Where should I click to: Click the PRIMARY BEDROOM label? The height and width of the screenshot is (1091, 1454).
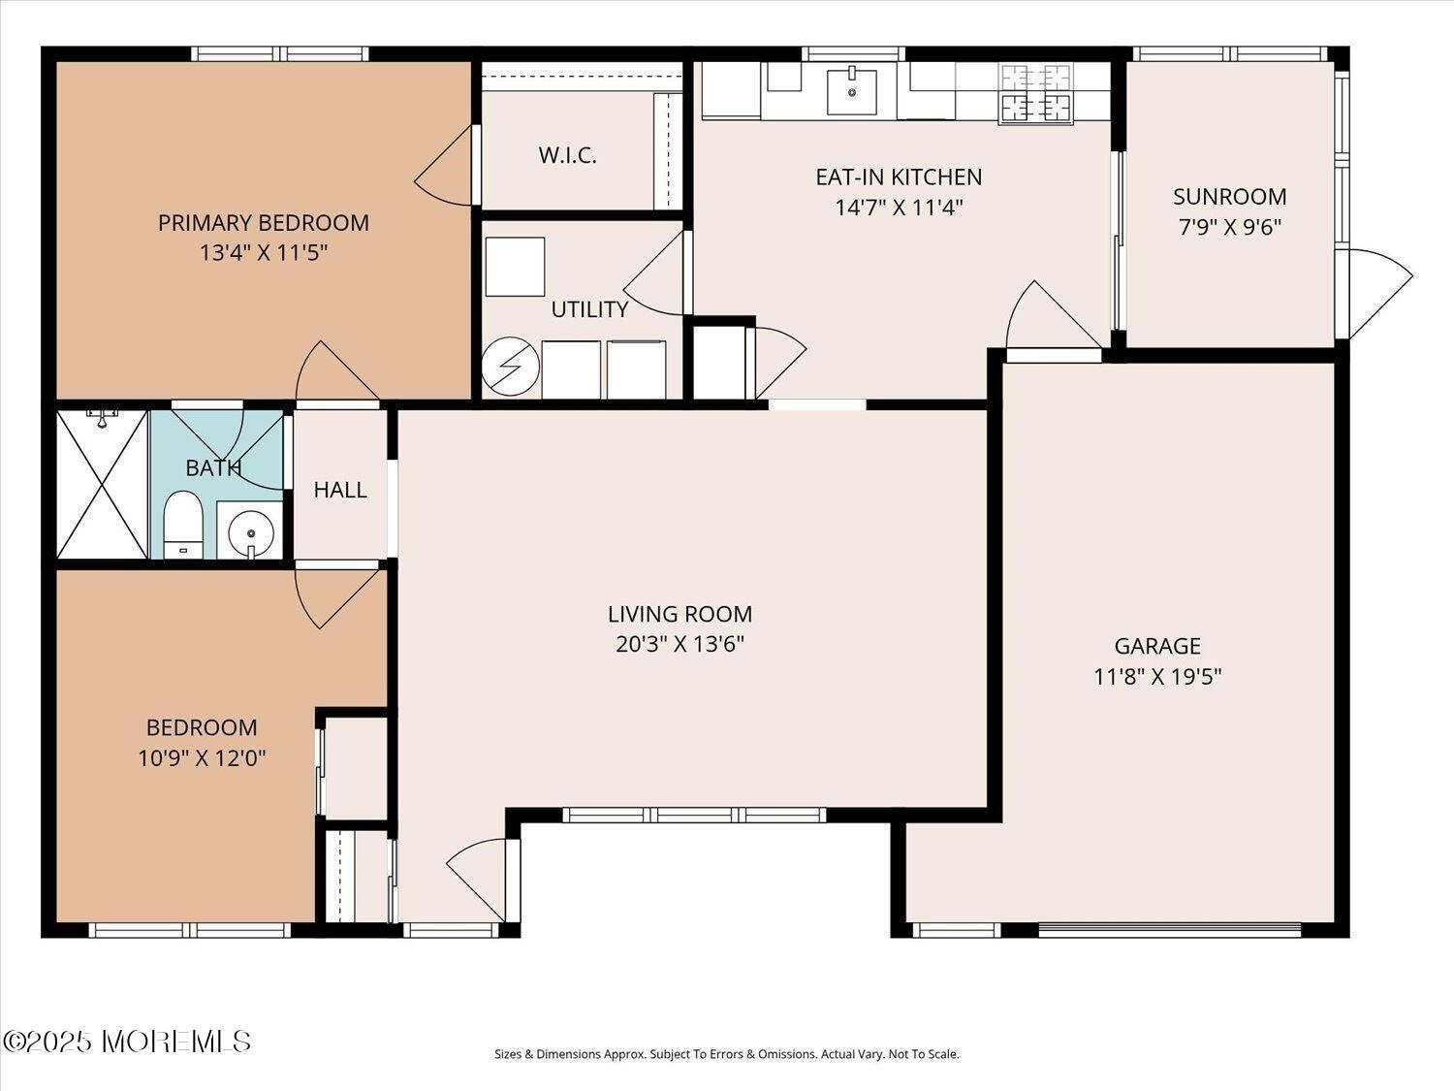pyautogui.click(x=263, y=223)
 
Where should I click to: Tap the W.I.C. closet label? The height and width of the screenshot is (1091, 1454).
pyautogui.click(x=568, y=156)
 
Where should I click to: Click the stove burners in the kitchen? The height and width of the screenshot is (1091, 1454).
pyautogui.click(x=1035, y=93)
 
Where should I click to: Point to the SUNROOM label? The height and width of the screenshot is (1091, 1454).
pyautogui.click(x=1229, y=197)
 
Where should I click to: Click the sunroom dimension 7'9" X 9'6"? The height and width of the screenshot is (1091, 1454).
pyautogui.click(x=1229, y=228)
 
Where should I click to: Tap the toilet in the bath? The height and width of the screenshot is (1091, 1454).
pyautogui.click(x=183, y=525)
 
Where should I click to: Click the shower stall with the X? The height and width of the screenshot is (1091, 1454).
pyautogui.click(x=102, y=484)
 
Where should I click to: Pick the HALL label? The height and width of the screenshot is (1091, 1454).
pyautogui.click(x=340, y=490)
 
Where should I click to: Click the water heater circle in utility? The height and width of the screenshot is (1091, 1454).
pyautogui.click(x=510, y=367)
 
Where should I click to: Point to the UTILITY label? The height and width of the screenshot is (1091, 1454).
pyautogui.click(x=589, y=309)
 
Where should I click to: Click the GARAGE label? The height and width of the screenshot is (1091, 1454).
pyautogui.click(x=1157, y=646)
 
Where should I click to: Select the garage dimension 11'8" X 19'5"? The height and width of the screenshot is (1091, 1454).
pyautogui.click(x=1157, y=677)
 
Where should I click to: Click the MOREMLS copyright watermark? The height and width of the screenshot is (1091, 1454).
pyautogui.click(x=127, y=1042)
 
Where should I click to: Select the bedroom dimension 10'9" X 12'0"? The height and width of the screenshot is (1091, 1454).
pyautogui.click(x=202, y=757)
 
